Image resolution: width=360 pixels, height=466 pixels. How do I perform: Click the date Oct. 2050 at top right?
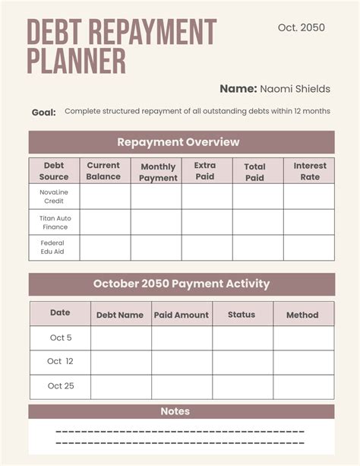(301, 27)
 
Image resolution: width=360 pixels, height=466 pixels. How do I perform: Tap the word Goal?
(43, 113)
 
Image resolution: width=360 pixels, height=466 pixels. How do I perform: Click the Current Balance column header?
(103, 171)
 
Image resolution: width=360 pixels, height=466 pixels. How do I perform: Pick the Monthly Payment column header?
(158, 172)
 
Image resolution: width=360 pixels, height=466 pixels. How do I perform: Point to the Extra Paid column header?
(205, 171)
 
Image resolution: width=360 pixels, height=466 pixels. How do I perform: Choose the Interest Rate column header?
(310, 171)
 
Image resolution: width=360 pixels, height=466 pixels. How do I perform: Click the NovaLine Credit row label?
(53, 196)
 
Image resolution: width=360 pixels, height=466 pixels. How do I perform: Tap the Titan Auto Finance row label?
(53, 222)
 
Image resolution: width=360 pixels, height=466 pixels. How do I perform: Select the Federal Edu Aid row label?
(53, 247)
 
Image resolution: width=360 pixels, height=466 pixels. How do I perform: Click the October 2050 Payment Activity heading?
(182, 284)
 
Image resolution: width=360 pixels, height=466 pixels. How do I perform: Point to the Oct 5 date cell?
(60, 338)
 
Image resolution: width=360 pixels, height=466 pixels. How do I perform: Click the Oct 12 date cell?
(60, 362)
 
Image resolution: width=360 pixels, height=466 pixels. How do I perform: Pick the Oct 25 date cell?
(60, 386)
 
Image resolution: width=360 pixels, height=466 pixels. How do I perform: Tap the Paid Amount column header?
(182, 315)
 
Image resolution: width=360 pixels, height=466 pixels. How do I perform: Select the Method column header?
(302, 315)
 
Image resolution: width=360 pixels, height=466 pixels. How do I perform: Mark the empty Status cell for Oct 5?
(243, 338)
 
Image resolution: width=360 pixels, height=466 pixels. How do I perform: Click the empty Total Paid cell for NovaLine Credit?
(257, 196)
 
